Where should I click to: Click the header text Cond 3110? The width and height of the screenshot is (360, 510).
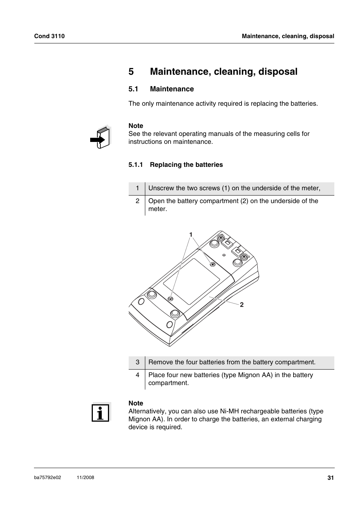49,36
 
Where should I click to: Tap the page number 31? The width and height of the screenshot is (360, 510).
331,478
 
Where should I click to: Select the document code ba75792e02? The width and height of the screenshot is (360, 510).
48,478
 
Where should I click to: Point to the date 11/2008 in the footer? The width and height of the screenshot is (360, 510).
85,478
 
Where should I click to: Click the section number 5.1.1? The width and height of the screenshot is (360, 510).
135,165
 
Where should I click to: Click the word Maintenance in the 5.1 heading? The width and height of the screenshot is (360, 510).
172,89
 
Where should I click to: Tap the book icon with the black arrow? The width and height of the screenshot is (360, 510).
100,137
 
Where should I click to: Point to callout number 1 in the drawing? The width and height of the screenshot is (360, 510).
191,234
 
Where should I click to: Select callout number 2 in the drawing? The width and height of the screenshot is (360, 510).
242,305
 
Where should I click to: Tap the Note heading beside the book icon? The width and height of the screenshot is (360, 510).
136,126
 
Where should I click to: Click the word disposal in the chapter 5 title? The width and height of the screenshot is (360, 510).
278,72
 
